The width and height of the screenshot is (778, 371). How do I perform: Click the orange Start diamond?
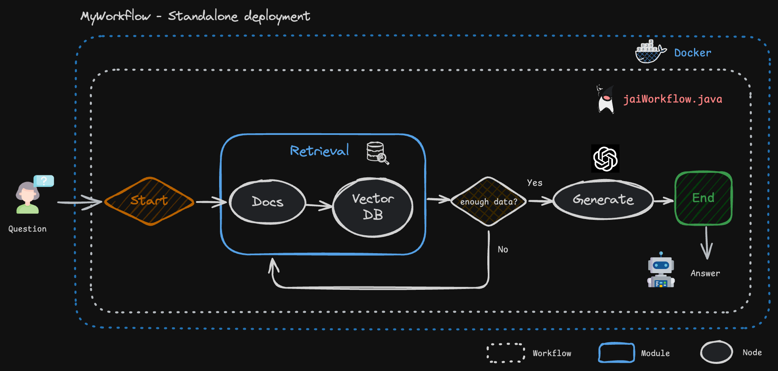click(x=149, y=201)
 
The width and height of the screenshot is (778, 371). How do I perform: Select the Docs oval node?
click(x=267, y=202)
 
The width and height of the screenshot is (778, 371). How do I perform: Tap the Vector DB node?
click(x=373, y=207)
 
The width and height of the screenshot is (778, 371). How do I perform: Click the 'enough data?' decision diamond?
click(x=489, y=202)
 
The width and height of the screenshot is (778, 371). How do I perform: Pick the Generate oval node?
click(x=603, y=200)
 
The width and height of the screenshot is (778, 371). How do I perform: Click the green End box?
click(x=703, y=198)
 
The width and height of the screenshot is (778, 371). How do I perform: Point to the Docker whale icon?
click(x=650, y=52)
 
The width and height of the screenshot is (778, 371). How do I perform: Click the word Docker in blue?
click(x=692, y=53)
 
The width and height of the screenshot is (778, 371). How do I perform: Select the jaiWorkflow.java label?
click(x=672, y=99)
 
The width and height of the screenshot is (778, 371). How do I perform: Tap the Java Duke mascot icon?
click(x=605, y=100)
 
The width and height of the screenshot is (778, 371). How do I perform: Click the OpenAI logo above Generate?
click(x=605, y=159)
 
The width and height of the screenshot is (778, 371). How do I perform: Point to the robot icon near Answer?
click(x=661, y=271)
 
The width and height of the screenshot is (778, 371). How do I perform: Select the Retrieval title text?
click(x=319, y=151)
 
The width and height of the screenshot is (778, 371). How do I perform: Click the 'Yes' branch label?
click(x=534, y=183)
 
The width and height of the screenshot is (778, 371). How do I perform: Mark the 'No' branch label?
click(x=503, y=249)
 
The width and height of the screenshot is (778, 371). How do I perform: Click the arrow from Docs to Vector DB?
click(x=319, y=204)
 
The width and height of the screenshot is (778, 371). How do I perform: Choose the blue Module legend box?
click(x=616, y=353)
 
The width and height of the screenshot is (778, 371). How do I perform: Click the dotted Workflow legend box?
click(x=506, y=353)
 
